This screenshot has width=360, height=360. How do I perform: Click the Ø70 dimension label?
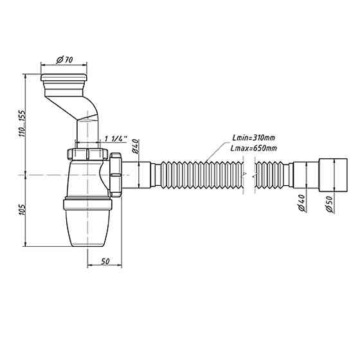[x=64, y=60]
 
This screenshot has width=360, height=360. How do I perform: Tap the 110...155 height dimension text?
[x=22, y=124]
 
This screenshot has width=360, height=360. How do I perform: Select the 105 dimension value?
[x=22, y=210]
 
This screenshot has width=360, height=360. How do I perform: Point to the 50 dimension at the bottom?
[x=105, y=261]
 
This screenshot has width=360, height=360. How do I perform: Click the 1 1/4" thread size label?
[x=116, y=139]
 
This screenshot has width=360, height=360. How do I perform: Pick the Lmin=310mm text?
[x=253, y=138]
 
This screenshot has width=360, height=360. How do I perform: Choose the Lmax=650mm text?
[x=254, y=148]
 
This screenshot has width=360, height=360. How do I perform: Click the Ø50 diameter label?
[x=329, y=204]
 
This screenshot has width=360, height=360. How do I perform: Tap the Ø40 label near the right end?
[x=301, y=203]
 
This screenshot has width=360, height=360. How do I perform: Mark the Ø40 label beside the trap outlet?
[x=135, y=147]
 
